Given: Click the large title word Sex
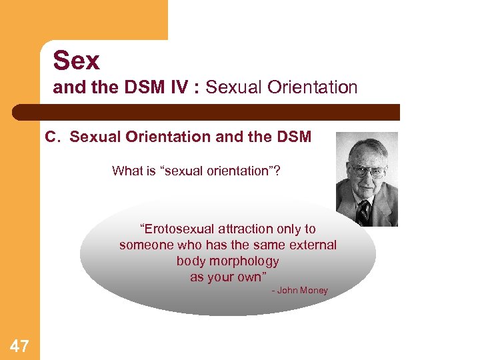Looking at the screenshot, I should [x=76, y=61].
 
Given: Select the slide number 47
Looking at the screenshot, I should [x=19, y=345].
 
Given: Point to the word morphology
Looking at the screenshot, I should [x=247, y=261].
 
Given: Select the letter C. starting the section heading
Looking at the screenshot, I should [x=53, y=137].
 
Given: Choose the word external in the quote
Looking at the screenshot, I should [x=313, y=245].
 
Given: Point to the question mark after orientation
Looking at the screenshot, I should [x=277, y=171].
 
